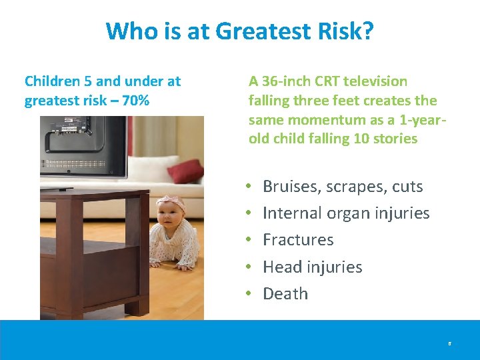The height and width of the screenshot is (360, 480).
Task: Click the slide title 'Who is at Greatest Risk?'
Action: coord(240,31)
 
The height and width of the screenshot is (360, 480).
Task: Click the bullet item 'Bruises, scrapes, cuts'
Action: coord(343,187)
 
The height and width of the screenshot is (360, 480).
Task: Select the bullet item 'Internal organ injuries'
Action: coord(346,213)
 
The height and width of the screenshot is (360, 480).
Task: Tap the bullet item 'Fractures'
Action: coord(298,240)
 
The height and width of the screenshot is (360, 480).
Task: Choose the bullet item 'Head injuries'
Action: coord(312,267)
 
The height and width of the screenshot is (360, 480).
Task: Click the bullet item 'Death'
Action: coord(285,293)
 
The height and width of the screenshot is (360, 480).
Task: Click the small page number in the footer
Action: coord(449,344)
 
